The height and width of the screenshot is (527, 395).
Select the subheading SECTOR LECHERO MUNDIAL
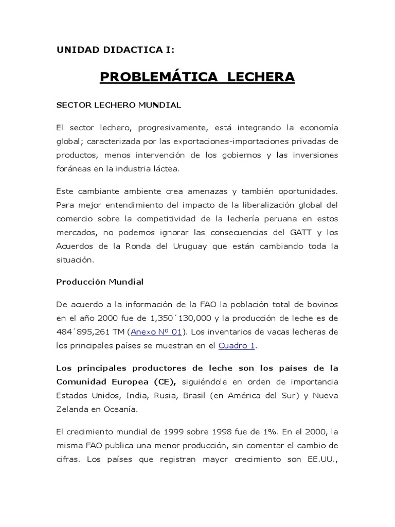tap(118, 105)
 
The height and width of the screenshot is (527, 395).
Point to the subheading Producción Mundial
tap(100, 282)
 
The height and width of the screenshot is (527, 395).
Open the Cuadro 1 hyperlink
tap(237, 345)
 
